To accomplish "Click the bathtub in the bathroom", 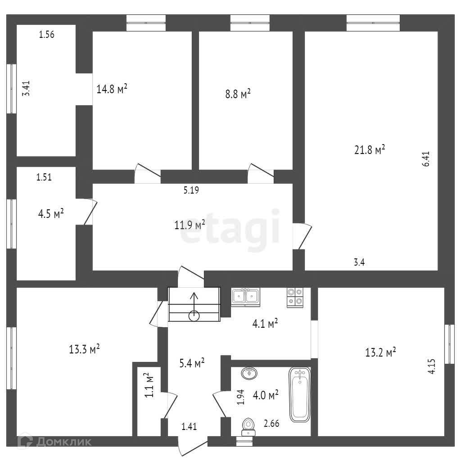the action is coord(300,394).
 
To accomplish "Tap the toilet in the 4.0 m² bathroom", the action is coord(248,426).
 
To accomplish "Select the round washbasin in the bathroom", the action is coord(249,373).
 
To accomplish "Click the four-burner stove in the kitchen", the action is coord(296,297).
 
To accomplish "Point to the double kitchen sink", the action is coord(245,296).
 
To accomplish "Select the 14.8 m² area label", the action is coord(112,89).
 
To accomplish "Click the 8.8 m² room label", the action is coord(237,94).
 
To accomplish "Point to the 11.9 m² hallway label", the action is coord(190,224).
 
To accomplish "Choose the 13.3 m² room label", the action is coord(84,349).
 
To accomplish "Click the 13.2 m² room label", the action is coord(380,352).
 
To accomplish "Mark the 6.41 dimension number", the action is coord(426,159).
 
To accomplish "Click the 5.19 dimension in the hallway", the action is coord(191,190).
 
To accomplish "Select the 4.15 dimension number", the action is coord(432,366).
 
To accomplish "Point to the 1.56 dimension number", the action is coord(47,35).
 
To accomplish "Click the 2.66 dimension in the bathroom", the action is coord(271,423).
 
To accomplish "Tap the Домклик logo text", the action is coord(63,442).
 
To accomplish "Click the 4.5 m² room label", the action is coord(50,213).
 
